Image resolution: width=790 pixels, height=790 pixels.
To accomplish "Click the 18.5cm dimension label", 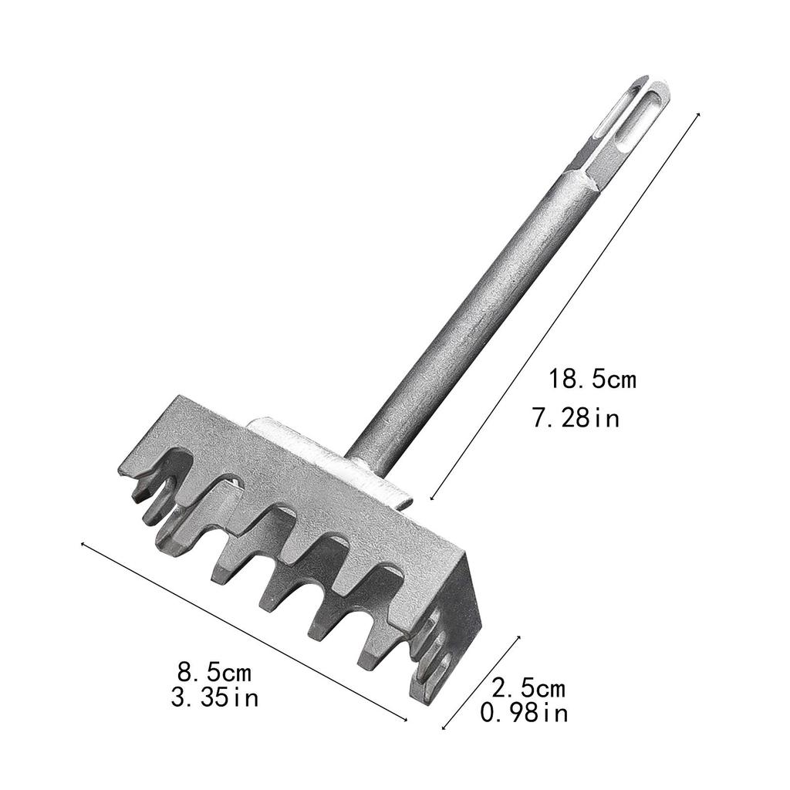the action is point(592,380).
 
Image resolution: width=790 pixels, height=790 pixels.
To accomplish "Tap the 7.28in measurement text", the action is point(576,418).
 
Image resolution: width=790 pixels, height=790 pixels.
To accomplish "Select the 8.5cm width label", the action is point(214,672).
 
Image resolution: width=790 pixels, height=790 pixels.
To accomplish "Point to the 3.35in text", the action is point(214,697).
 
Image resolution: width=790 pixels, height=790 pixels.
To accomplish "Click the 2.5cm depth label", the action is point(528,687).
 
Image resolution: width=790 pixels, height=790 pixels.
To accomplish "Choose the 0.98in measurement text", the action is point(524,712).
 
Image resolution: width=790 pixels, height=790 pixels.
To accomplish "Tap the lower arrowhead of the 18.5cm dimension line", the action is point(431,498).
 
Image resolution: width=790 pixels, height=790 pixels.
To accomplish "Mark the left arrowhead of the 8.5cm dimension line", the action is point(83,544).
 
